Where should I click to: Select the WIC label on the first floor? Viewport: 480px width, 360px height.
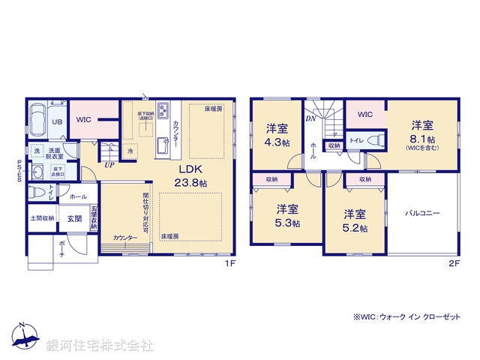click(x=83, y=119)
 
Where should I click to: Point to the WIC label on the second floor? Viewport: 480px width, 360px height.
click(x=364, y=114)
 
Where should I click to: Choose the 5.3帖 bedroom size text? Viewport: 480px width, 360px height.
click(x=288, y=223)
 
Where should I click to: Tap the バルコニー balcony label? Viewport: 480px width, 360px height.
click(x=424, y=213)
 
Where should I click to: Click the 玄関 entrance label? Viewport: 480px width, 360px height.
click(x=74, y=219)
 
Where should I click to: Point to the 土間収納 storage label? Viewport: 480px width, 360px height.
click(x=42, y=218)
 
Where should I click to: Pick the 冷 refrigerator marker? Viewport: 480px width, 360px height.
click(x=130, y=151)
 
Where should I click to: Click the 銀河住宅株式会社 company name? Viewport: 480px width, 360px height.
click(x=100, y=346)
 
